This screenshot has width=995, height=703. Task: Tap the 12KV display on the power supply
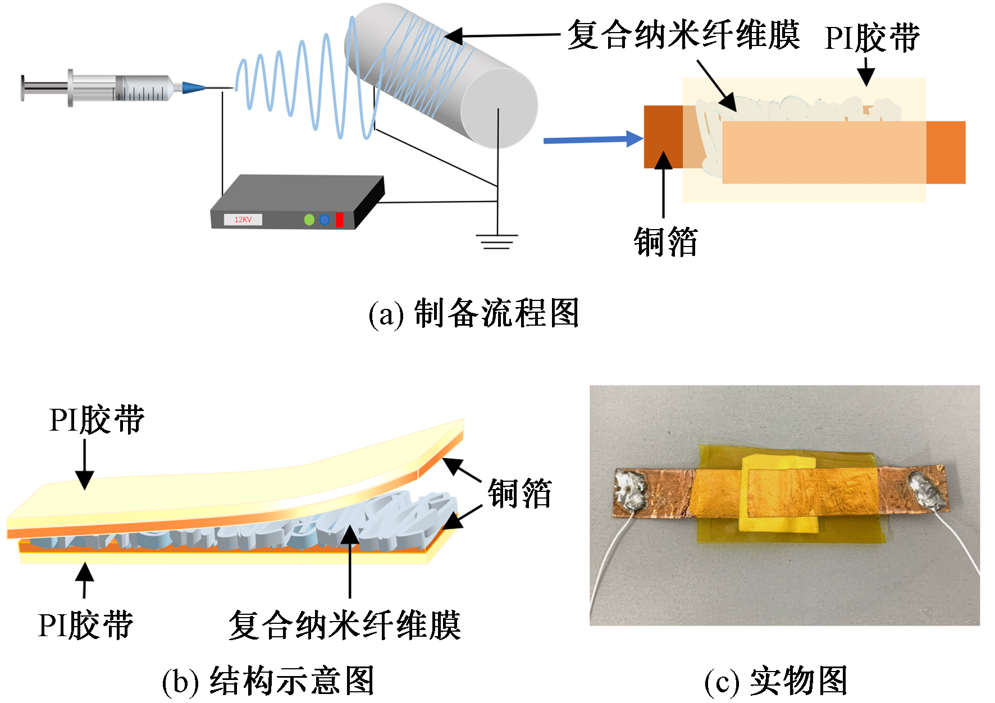point(243,220)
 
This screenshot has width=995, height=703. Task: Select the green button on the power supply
point(309,220)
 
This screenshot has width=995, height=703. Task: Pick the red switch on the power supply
point(339,220)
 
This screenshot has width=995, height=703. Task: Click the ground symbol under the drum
point(497,242)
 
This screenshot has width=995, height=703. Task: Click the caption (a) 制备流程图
point(473,313)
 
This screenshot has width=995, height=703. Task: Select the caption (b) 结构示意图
point(268,681)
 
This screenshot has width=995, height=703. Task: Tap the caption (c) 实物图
point(775,681)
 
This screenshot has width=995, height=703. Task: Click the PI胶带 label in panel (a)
point(872,38)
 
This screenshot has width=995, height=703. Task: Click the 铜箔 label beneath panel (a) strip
point(665,243)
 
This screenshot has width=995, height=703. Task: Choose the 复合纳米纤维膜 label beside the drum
point(683,35)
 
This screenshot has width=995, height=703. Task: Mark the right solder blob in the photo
point(926,492)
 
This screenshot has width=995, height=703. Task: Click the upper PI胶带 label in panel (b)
point(97,419)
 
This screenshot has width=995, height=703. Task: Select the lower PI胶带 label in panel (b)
point(85,625)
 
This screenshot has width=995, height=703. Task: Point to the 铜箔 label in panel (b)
point(519,494)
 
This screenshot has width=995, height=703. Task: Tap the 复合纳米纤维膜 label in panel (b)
point(344,625)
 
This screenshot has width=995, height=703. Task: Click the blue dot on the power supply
point(324,220)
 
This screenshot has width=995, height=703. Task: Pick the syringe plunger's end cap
point(24,88)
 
